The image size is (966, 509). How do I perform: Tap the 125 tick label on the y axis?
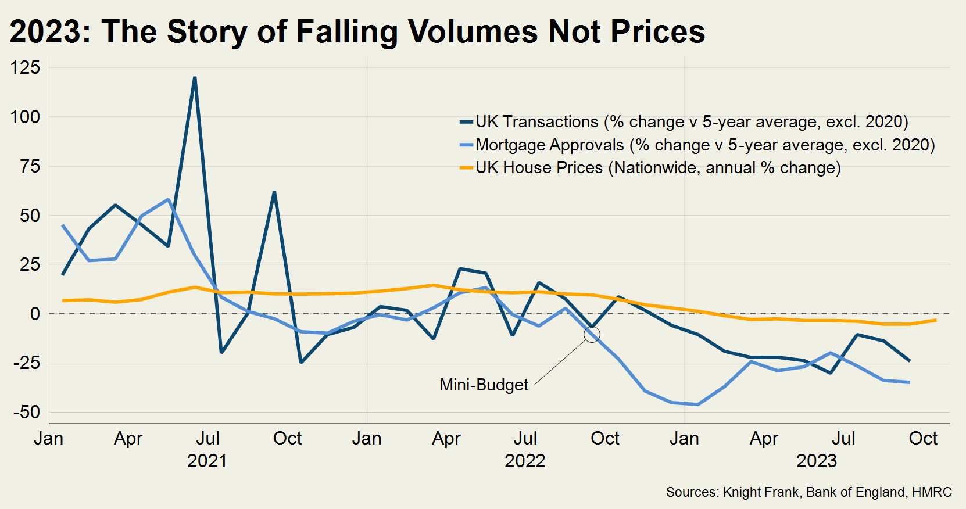pyautogui.click(x=26, y=67)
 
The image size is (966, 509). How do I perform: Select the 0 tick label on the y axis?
pyautogui.click(x=35, y=314)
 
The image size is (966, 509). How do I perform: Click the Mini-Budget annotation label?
pyautogui.click(x=484, y=385)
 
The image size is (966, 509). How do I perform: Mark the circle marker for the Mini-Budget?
pyautogui.click(x=592, y=334)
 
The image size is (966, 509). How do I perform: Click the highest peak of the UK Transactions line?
pyautogui.click(x=195, y=77)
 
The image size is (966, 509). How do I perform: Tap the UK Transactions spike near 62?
pyautogui.click(x=274, y=192)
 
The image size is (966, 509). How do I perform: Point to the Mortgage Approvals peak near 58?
pyautogui.click(x=169, y=199)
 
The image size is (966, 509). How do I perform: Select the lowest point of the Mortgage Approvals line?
pyautogui.click(x=697, y=404)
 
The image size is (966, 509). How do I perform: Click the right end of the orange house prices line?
pyautogui.click(x=935, y=320)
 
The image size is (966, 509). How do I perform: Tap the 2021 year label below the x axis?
pyautogui.click(x=207, y=461)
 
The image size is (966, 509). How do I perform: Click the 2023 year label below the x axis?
pyautogui.click(x=816, y=461)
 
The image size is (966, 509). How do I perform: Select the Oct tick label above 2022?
pyautogui.click(x=605, y=438)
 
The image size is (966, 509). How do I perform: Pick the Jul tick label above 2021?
pyautogui.click(x=207, y=438)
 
